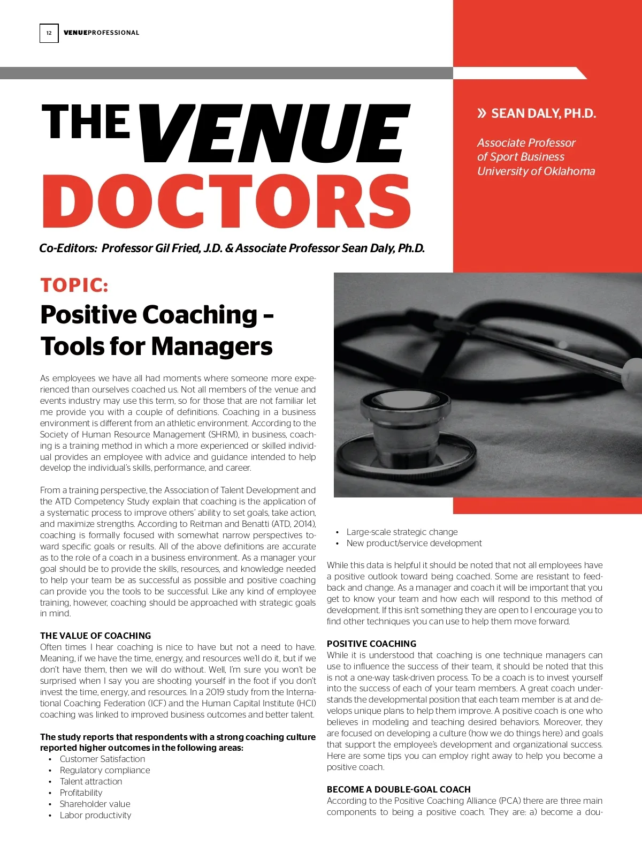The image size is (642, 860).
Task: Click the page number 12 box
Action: point(49,33)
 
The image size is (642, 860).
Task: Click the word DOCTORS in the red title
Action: point(226,201)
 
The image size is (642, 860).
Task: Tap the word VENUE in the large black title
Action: point(276,134)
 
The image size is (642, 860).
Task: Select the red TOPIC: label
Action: point(74,285)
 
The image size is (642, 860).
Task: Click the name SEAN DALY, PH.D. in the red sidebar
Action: point(543,114)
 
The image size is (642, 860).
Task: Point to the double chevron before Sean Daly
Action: point(482,113)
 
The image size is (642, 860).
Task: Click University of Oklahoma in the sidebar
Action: point(536,171)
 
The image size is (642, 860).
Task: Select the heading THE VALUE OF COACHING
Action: point(95,636)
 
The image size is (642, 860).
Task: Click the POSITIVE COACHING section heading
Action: point(371,644)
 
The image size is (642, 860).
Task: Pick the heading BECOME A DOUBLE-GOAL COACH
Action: point(399,789)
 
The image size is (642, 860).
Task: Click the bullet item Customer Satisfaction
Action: point(102,759)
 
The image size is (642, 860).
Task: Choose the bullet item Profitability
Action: point(81,793)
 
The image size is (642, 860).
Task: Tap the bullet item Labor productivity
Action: point(95,815)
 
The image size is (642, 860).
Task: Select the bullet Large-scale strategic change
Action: point(402,532)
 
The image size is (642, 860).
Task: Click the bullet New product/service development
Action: point(414,543)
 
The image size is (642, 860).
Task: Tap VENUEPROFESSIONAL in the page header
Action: point(101,33)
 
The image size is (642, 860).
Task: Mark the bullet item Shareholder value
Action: point(95,804)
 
